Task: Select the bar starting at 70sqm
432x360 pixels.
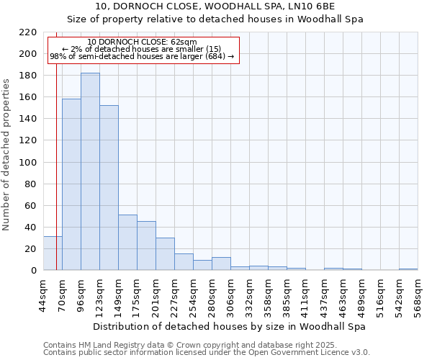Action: [71, 184]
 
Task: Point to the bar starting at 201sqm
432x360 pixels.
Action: [165, 254]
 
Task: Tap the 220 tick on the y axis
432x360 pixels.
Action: [28, 32]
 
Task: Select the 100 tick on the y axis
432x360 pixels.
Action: [28, 163]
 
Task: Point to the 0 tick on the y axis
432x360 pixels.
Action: [33, 271]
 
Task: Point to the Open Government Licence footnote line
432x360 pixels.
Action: [207, 353]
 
